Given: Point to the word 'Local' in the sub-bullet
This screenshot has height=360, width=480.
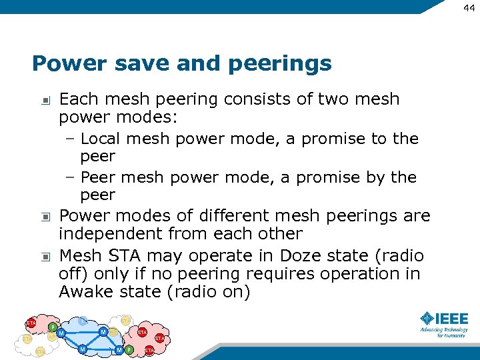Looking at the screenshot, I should [x=102, y=139].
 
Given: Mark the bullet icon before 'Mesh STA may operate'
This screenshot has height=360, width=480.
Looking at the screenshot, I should [x=45, y=257].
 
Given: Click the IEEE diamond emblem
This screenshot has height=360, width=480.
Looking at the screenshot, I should [x=427, y=318].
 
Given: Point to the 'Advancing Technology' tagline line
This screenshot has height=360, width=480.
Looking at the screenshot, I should [x=443, y=329].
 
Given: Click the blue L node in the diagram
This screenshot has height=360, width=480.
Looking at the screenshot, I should [x=83, y=321].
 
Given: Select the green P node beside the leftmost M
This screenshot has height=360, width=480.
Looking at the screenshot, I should [x=53, y=327].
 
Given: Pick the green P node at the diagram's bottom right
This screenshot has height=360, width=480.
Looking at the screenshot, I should [x=129, y=350].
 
